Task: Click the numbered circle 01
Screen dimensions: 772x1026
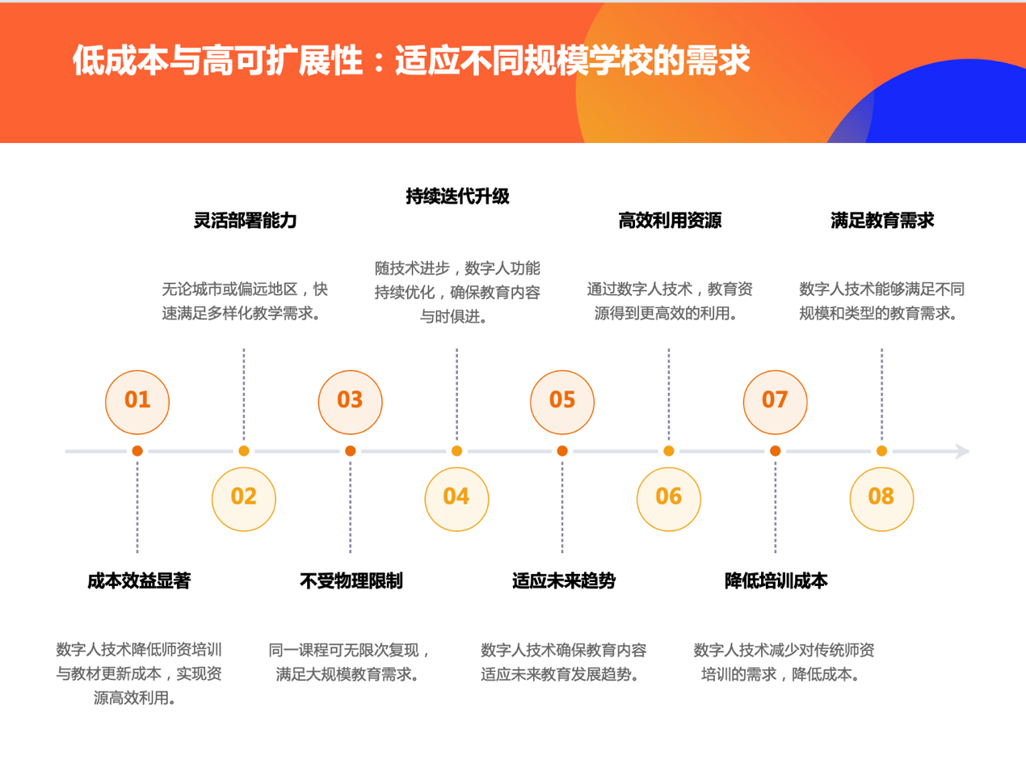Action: [137, 401]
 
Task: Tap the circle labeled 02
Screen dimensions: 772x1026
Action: [243, 498]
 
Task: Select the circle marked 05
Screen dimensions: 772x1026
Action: [562, 401]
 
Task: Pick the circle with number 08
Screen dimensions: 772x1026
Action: [881, 498]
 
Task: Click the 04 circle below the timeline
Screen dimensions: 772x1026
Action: [456, 498]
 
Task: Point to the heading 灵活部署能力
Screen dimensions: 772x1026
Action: [245, 221]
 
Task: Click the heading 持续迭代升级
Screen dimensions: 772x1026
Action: [457, 196]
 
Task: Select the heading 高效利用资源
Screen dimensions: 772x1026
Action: [670, 221]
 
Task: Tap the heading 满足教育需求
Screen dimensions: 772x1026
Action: [882, 221]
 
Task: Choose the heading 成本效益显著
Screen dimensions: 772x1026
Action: [139, 581]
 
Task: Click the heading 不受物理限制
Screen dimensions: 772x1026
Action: [351, 581]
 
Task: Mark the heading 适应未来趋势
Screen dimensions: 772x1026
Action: [564, 581]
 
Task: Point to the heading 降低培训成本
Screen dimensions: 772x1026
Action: [776, 581]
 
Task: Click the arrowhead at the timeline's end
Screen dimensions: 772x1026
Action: [961, 451]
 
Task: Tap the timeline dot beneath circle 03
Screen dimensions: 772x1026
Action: [350, 451]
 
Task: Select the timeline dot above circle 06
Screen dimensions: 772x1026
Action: [668, 451]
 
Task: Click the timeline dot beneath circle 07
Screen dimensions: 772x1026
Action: [775, 451]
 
